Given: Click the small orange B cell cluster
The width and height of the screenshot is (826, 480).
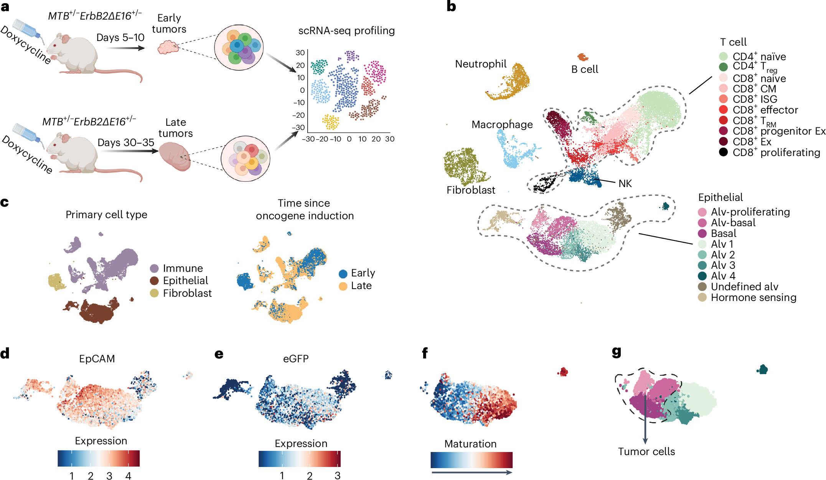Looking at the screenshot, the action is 583,58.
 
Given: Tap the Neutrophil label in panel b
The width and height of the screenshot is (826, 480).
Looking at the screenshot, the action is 481,64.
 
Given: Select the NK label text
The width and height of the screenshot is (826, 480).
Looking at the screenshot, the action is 625,184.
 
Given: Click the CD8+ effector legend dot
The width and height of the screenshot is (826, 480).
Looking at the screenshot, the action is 723,110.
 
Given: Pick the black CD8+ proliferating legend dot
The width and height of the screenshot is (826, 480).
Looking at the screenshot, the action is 723,152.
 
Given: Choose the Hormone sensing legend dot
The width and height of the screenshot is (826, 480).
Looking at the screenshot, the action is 702,297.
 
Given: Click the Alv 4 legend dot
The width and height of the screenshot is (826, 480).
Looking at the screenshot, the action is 702,276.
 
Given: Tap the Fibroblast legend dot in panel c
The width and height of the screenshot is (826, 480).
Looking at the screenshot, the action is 154,293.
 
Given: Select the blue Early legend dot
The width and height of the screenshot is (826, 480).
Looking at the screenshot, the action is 343,273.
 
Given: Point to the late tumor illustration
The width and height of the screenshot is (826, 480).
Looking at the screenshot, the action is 175,156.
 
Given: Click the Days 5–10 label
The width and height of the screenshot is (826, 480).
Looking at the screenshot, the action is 120,38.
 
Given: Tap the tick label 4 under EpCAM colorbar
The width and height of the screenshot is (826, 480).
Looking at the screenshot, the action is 128,476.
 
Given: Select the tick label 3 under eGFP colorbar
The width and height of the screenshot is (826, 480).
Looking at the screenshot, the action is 337,476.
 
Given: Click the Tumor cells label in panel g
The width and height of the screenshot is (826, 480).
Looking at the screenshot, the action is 646,452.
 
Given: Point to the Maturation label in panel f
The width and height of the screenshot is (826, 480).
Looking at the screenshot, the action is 470,444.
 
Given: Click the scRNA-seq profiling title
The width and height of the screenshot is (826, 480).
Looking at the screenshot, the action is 346,31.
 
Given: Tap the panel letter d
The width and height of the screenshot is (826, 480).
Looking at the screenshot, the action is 5,353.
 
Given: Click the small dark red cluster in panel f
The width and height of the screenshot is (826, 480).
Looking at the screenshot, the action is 563,372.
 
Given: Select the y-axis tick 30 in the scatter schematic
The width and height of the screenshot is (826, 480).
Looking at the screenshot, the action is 300,53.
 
